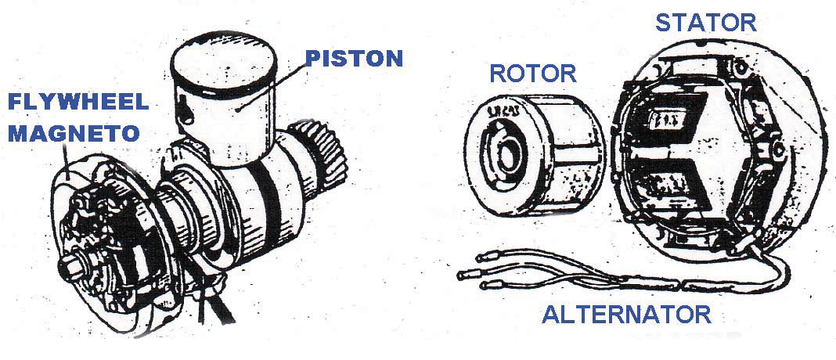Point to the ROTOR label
(x=532, y=74)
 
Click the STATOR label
(x=706, y=22)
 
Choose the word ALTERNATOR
(x=626, y=315)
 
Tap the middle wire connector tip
(x=465, y=273)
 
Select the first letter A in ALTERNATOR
(x=550, y=315)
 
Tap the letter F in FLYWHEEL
(x=14, y=102)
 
